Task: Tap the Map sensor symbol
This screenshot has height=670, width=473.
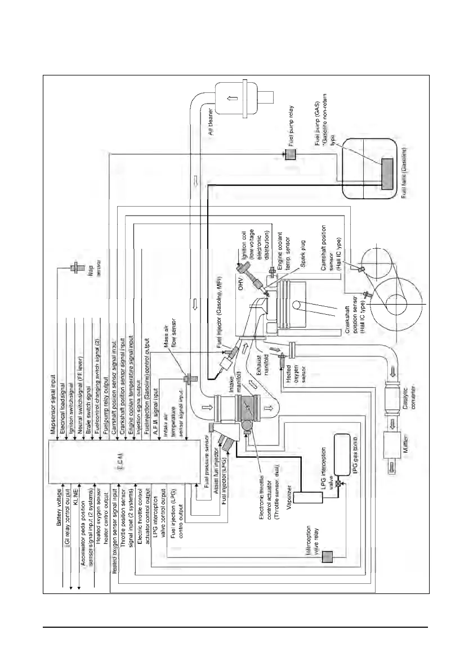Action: click(73, 268)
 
